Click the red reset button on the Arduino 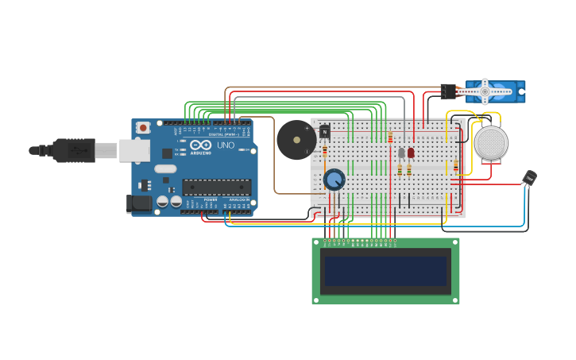pyautogui.click(x=143, y=127)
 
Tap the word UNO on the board pyautogui.click(x=226, y=145)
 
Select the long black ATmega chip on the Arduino pyautogui.click(x=217, y=188)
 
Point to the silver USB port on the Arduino pyautogui.click(x=134, y=150)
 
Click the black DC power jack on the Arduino pyautogui.click(x=139, y=203)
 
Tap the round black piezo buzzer pyautogui.click(x=296, y=140)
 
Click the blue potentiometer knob pyautogui.click(x=334, y=180)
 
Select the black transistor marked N pyautogui.click(x=324, y=132)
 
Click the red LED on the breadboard pyautogui.click(x=411, y=153)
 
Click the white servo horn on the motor pyautogui.click(x=485, y=92)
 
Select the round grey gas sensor pyautogui.click(x=491, y=143)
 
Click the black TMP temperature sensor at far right pyautogui.click(x=529, y=178)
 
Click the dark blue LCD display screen pyautogui.click(x=385, y=271)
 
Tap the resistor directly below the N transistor pyautogui.click(x=325, y=150)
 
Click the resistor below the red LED pyautogui.click(x=409, y=169)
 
